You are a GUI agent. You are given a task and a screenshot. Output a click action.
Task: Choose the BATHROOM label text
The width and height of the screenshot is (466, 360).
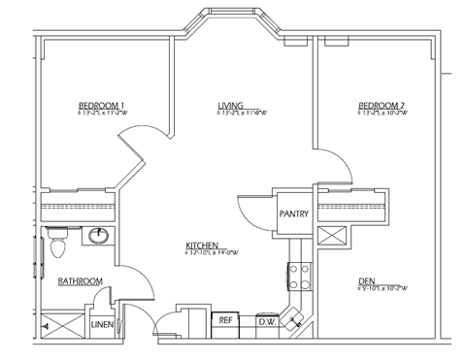pyautogui.click(x=80, y=280)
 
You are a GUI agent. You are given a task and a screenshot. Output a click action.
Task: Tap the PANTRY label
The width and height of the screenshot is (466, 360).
pyautogui.click(x=293, y=213)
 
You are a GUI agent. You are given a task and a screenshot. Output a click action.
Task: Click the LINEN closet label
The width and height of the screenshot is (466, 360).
pyautogui.click(x=102, y=324)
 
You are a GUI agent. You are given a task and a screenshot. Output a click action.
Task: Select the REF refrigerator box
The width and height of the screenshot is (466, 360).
pyautogui.click(x=225, y=319)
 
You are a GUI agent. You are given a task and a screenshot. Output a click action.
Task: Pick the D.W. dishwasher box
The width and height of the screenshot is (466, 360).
pyautogui.click(x=266, y=320)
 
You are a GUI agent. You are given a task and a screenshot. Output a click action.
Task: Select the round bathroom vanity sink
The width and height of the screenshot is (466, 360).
pyautogui.click(x=98, y=236)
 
